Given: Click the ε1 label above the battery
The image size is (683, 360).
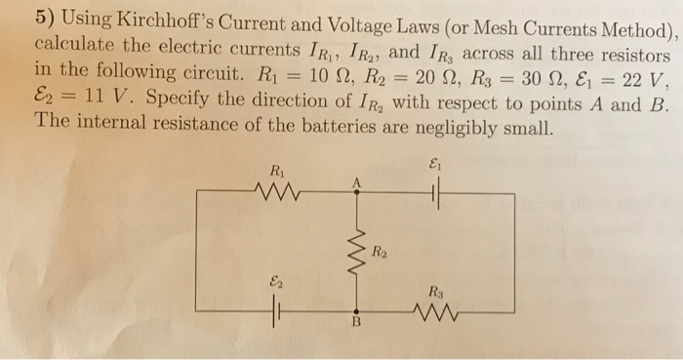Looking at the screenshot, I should point(436,168).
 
